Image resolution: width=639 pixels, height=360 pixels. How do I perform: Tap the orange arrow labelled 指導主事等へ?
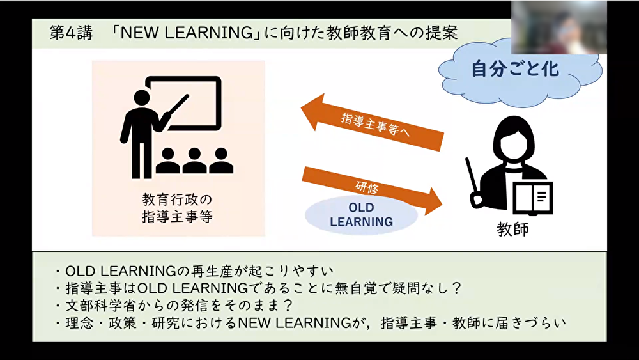(372, 123)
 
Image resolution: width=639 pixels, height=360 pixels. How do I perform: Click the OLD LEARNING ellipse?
(362, 215)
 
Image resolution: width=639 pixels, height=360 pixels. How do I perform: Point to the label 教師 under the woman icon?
(512, 229)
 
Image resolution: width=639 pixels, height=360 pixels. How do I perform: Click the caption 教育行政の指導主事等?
(177, 208)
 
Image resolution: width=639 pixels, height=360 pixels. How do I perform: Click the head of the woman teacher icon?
(514, 137)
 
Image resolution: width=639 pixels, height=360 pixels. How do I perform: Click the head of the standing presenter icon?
(141, 98)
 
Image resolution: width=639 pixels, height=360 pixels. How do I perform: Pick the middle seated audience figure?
(194, 160)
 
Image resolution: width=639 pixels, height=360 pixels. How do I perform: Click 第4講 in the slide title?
(71, 33)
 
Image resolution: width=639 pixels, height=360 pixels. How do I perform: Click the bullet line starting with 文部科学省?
(175, 306)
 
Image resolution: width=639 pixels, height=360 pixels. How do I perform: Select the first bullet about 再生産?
(194, 270)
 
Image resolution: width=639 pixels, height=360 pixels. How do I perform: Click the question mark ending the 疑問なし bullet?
(456, 288)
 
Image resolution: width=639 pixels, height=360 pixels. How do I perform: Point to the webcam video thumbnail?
(558, 27)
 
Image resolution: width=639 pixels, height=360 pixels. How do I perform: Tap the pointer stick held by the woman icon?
(473, 182)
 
